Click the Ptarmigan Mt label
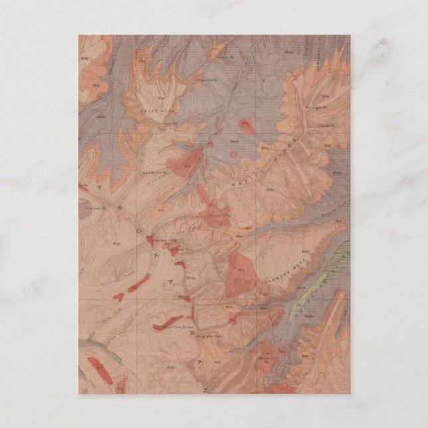[320, 106]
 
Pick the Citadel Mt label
[324, 126]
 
